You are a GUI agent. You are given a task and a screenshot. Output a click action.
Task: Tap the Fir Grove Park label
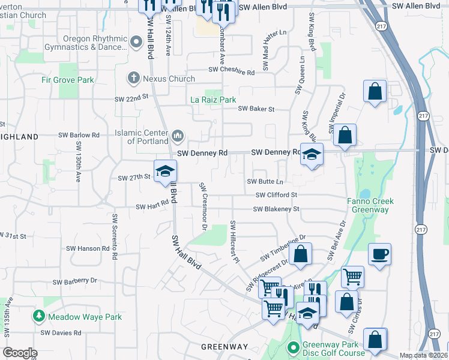(68, 80)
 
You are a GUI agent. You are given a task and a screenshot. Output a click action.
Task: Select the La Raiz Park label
(213, 100)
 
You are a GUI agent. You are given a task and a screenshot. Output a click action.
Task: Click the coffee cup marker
(379, 254)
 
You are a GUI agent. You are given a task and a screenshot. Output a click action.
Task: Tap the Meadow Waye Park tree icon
(39, 316)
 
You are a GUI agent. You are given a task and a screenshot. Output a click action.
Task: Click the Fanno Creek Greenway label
(368, 206)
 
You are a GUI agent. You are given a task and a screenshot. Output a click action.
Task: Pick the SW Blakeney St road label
(276, 209)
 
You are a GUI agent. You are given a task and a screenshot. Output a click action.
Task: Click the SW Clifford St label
(276, 195)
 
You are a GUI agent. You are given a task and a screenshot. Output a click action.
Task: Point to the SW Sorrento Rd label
(113, 238)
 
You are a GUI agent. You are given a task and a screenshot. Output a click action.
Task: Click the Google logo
(20, 353)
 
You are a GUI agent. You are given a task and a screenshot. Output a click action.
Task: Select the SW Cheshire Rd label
(232, 71)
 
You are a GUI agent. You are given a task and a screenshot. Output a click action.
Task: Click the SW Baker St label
(256, 109)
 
